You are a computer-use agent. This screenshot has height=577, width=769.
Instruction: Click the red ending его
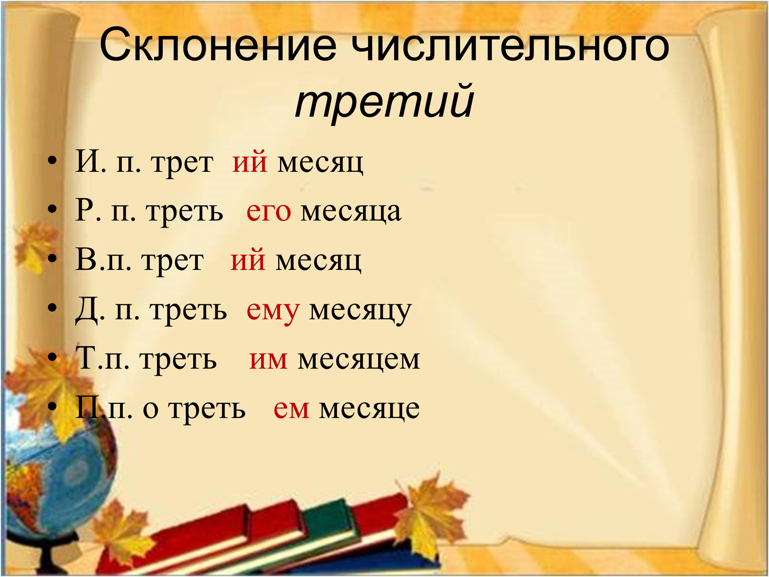pos(269,211)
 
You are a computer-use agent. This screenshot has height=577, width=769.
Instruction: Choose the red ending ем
pos(291,409)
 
